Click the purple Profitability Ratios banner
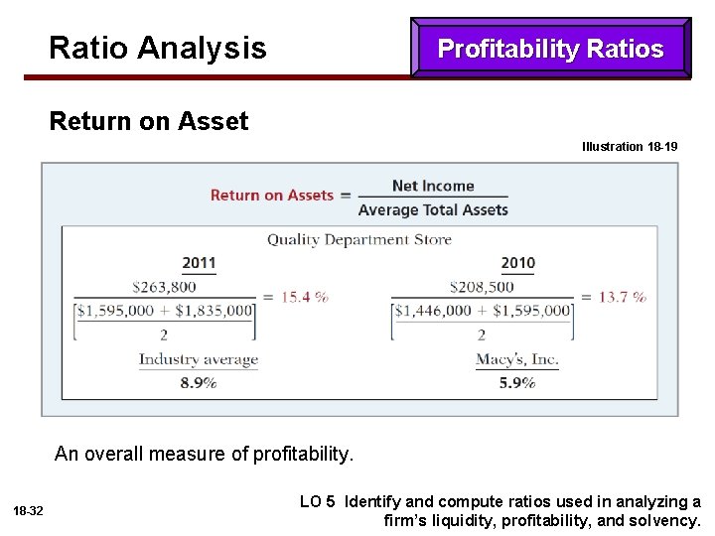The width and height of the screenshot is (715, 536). (550, 49)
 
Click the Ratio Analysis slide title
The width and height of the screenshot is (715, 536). (157, 48)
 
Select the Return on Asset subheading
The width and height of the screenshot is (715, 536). (149, 122)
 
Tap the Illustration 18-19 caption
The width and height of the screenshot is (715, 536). (630, 147)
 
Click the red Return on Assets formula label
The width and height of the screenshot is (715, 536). (271, 196)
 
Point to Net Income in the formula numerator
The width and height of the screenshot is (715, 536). (433, 186)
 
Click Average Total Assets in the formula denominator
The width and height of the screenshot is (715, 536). (433, 209)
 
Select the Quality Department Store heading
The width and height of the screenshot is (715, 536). (358, 239)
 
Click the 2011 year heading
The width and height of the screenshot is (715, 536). (199, 263)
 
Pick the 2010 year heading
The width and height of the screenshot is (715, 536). (517, 263)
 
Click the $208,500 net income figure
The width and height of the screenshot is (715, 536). (482, 287)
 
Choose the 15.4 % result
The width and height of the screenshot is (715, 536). (305, 297)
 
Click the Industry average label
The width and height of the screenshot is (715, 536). (198, 359)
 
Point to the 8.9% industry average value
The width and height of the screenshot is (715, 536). (199, 382)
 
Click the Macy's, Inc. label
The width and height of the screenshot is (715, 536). (517, 359)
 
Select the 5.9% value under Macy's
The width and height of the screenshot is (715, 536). (517, 382)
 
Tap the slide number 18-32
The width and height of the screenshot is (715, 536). (29, 511)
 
